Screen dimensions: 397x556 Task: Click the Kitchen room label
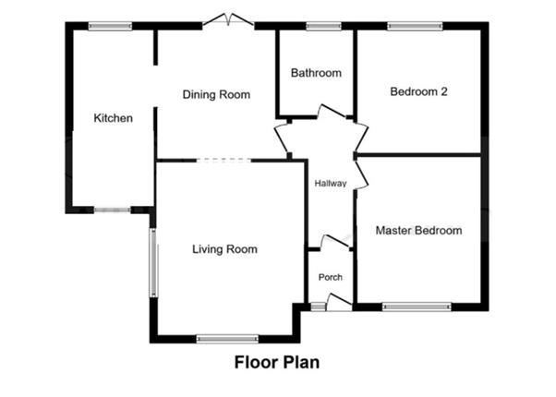[x=114, y=118]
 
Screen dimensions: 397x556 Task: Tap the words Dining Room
[x=216, y=95]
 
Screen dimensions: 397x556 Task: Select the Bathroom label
[x=316, y=73]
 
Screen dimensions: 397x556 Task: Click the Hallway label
[x=330, y=183]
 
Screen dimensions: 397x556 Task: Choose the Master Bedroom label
[x=418, y=230]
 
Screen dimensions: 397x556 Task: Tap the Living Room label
[x=224, y=249]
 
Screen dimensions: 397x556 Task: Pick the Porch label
[x=330, y=277]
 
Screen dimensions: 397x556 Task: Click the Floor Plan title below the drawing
[x=276, y=362]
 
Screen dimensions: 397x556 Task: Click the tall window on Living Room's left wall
[x=154, y=262]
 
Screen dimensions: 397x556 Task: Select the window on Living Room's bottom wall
[x=224, y=339]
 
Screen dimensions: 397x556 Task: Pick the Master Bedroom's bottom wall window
[x=417, y=306]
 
